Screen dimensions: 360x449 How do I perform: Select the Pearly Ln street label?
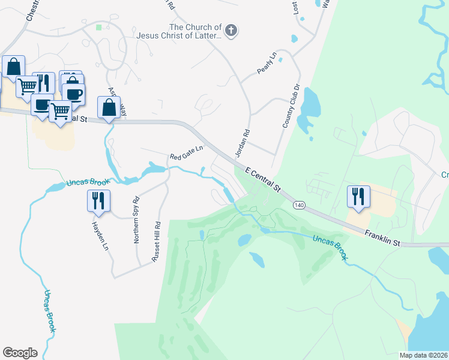[266, 63]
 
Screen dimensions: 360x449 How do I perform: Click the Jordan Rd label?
[241, 145]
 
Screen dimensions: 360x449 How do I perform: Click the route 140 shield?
[298, 205]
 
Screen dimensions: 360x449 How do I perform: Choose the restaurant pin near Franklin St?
[358, 197]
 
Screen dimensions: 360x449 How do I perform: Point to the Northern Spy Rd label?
[136, 220]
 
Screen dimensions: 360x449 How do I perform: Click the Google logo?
[20, 353]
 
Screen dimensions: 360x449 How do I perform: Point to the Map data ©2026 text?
[424, 355]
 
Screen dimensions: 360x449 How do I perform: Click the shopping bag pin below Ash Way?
[109, 108]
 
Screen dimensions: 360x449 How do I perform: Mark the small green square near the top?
[98, 27]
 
